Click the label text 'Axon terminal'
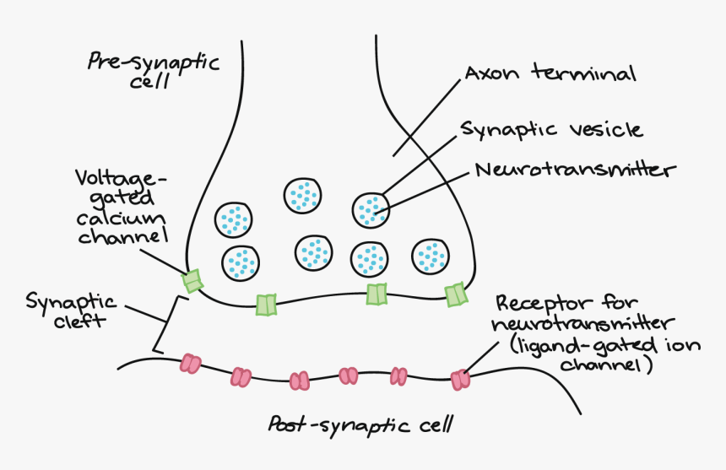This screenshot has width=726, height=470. (550, 74)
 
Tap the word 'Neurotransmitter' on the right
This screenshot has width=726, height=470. (576, 170)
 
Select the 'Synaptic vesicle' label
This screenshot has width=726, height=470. (551, 129)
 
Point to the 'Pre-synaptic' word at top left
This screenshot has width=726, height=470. (153, 62)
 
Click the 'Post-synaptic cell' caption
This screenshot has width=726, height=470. (360, 423)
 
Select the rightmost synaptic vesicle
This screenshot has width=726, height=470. (431, 256)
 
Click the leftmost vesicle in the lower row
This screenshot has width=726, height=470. (241, 262)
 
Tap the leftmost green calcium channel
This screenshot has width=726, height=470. (194, 281)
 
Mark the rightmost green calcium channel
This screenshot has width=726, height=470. (456, 294)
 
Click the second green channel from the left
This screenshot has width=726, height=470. (266, 305)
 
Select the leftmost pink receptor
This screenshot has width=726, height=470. (190, 365)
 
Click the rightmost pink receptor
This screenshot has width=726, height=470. (460, 380)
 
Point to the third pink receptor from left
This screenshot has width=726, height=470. (300, 381)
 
